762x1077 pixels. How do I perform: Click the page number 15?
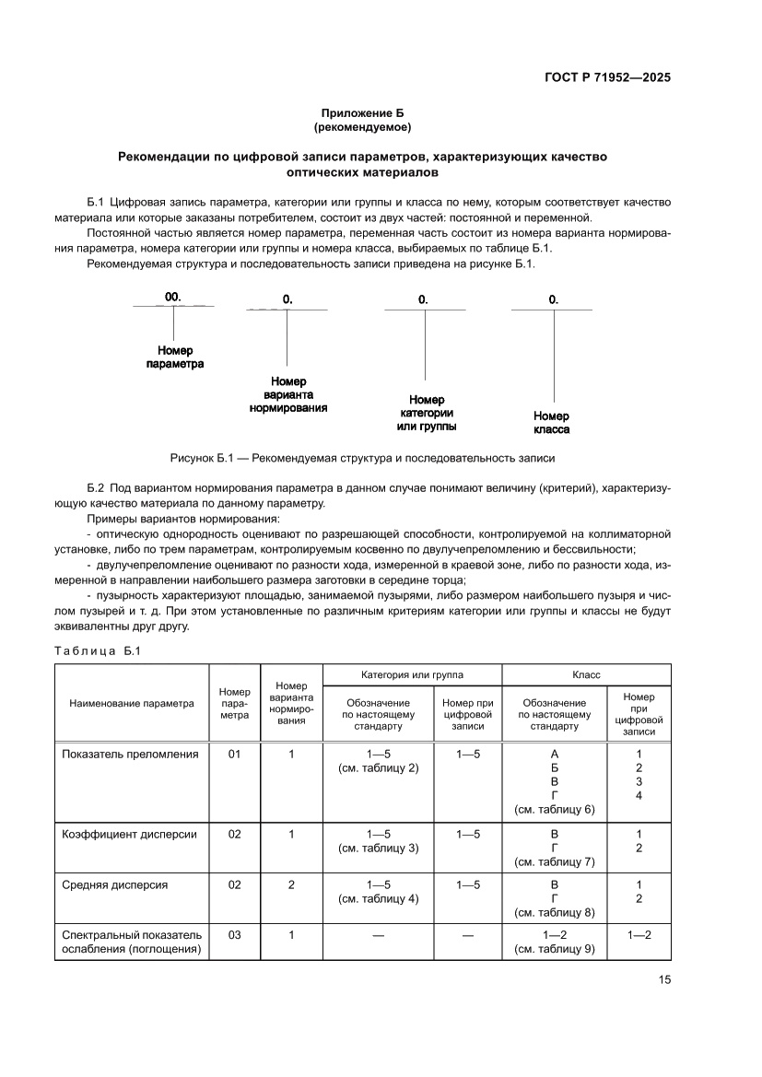pos(663,979)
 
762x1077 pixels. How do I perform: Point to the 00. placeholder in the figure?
pos(173,297)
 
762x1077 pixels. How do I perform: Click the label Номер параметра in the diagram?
pos(174,357)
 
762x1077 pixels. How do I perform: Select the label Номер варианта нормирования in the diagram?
pos(288,394)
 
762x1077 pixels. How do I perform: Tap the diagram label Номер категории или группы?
pos(427,413)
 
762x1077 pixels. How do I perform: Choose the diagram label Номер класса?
pos(551,423)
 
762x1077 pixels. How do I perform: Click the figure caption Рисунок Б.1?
pos(362,457)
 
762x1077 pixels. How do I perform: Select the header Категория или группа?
pos(412,675)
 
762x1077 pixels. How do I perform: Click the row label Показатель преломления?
pos(130,754)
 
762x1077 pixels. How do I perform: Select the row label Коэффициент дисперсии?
pos(129,834)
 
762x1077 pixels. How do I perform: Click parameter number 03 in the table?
pos(234,935)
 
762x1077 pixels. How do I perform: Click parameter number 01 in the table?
pos(234,754)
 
